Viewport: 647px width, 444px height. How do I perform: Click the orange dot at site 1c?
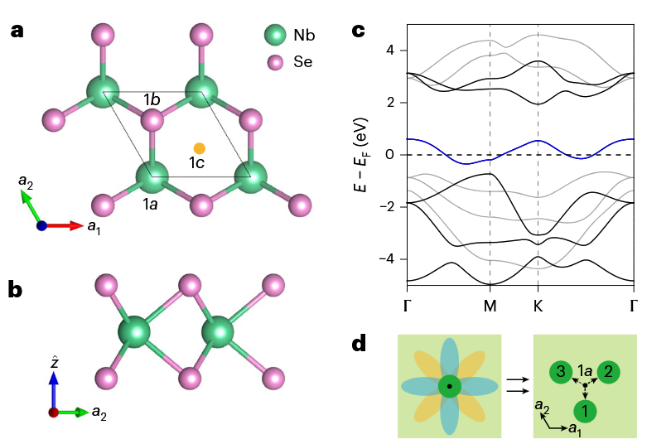(x=199, y=148)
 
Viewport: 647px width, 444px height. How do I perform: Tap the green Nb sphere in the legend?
(x=275, y=36)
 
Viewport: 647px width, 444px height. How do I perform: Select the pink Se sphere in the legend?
(x=275, y=61)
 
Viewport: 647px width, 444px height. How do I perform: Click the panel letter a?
(x=16, y=32)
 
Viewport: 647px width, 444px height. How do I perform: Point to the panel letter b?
(x=16, y=290)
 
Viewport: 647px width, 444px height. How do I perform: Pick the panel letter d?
(x=359, y=344)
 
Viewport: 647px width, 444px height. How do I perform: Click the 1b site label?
(x=152, y=100)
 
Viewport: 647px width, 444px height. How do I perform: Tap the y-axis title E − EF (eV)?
(x=361, y=155)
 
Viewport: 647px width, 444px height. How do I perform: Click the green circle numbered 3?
(x=561, y=372)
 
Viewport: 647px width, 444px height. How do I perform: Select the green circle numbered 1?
(x=585, y=410)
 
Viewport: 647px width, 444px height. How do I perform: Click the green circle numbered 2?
(x=609, y=372)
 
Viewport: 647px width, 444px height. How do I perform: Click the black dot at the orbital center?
(x=449, y=386)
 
